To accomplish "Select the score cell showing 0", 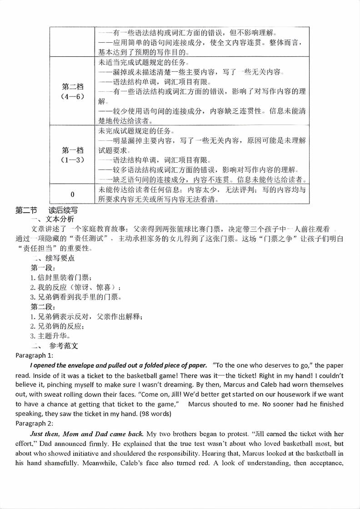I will pos(72,194).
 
